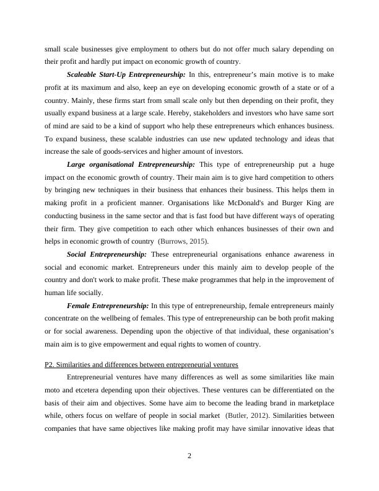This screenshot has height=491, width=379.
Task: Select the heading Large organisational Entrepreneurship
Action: pyautogui.click(x=131, y=164)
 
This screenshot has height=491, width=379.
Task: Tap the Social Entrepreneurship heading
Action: pyautogui.click(x=107, y=254)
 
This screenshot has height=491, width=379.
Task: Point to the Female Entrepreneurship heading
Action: pyautogui.click(x=108, y=306)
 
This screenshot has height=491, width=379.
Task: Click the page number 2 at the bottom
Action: pyautogui.click(x=189, y=456)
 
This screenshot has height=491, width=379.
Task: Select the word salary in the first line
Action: pyautogui.click(x=260, y=49)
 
